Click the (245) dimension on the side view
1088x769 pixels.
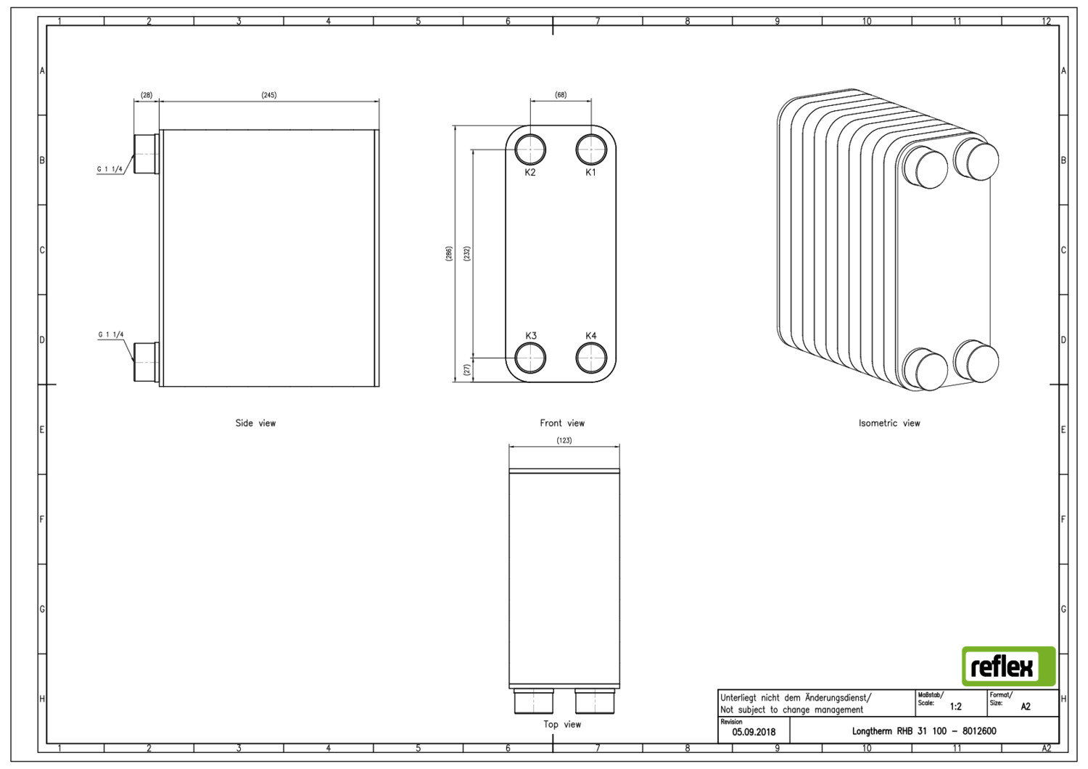269,95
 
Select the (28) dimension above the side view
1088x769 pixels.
147,95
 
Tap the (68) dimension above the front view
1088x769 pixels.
561,95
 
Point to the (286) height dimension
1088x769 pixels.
449,254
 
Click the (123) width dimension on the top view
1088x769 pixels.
564,440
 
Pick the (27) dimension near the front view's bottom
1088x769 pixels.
467,370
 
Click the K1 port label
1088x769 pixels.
590,173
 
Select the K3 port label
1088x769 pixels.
531,336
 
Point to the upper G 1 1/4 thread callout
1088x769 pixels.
110,169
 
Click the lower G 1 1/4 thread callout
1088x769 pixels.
111,334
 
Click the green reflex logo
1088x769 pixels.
1009,666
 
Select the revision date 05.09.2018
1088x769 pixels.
754,732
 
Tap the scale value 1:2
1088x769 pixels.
955,707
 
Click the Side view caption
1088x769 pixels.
255,423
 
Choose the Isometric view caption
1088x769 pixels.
889,423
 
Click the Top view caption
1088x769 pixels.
562,724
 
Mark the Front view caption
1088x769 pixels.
562,423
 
